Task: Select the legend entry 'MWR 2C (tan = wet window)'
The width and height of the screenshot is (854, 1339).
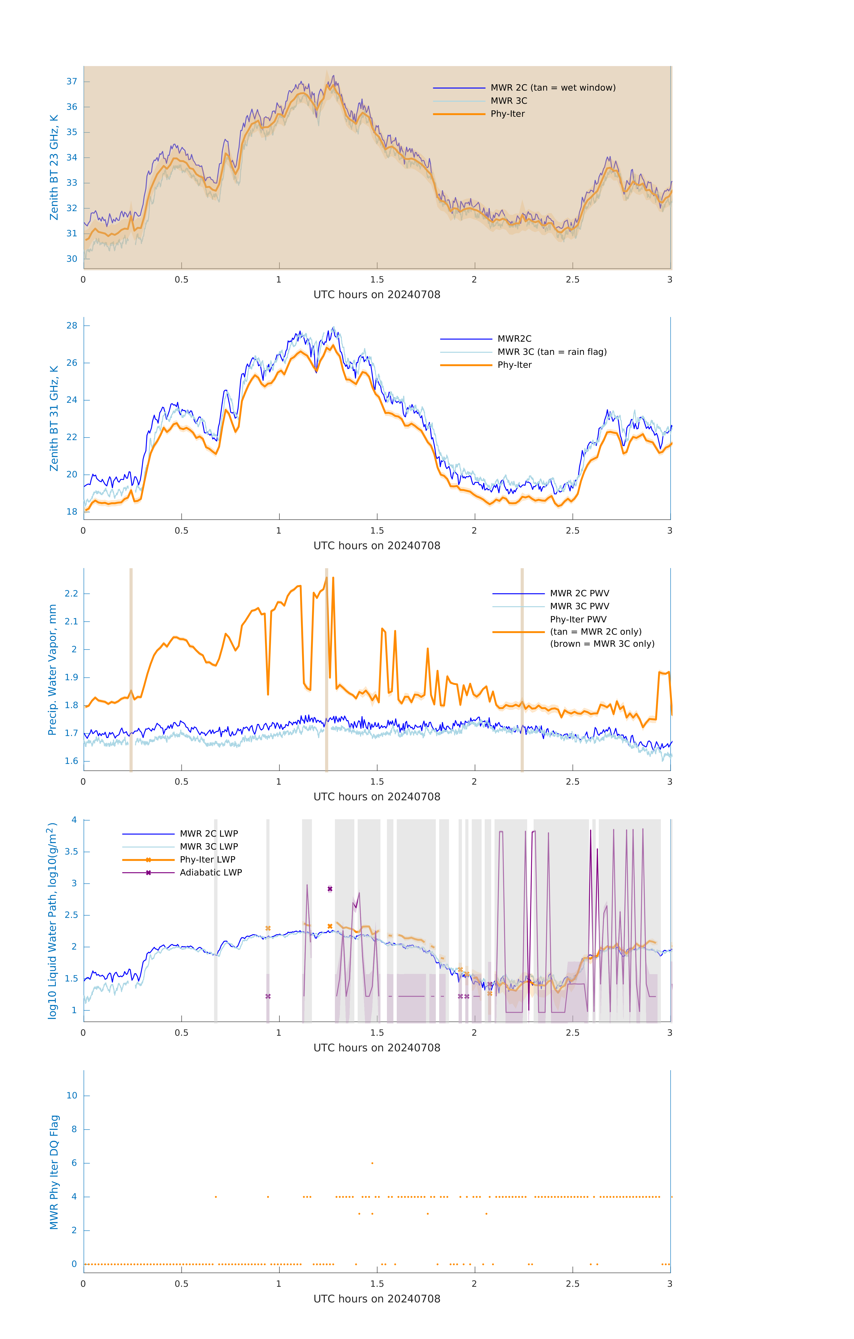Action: [x=552, y=88]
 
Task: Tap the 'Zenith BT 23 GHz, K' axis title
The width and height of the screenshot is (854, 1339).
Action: [x=54, y=167]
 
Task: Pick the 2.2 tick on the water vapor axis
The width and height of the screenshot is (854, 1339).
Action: [x=71, y=593]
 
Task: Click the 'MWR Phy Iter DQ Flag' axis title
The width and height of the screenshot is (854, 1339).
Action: [x=54, y=1172]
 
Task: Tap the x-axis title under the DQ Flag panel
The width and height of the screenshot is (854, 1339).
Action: [x=377, y=1299]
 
